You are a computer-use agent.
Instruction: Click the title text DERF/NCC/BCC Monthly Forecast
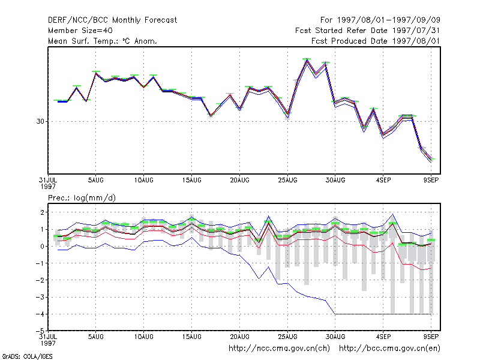[x=112, y=20]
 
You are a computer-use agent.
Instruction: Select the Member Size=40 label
[x=80, y=31]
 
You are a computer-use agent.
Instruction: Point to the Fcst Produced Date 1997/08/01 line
[x=376, y=41]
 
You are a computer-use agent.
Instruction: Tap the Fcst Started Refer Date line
[x=367, y=31]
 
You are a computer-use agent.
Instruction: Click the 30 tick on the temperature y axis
[x=40, y=122]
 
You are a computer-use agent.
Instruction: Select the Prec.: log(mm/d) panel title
[x=82, y=198]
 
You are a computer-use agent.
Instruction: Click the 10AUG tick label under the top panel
[x=143, y=181]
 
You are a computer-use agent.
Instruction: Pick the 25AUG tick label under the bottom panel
[x=287, y=337]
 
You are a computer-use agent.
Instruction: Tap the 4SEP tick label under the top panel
[x=383, y=181]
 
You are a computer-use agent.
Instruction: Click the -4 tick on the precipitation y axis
[x=40, y=314]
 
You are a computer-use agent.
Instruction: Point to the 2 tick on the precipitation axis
[x=42, y=212]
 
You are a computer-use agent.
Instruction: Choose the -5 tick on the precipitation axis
[x=40, y=331]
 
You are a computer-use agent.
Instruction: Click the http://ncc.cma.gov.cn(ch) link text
[x=279, y=349]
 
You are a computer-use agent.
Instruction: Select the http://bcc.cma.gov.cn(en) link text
[x=389, y=349]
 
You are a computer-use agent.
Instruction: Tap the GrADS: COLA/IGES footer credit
[x=27, y=356]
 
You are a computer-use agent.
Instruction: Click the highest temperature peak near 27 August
[x=307, y=59]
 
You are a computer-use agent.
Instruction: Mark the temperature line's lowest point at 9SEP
[x=431, y=161]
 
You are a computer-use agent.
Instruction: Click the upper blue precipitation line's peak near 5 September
[x=393, y=214]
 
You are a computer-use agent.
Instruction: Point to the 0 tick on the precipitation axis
[x=42, y=247]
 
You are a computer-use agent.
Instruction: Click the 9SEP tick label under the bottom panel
[x=431, y=337]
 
